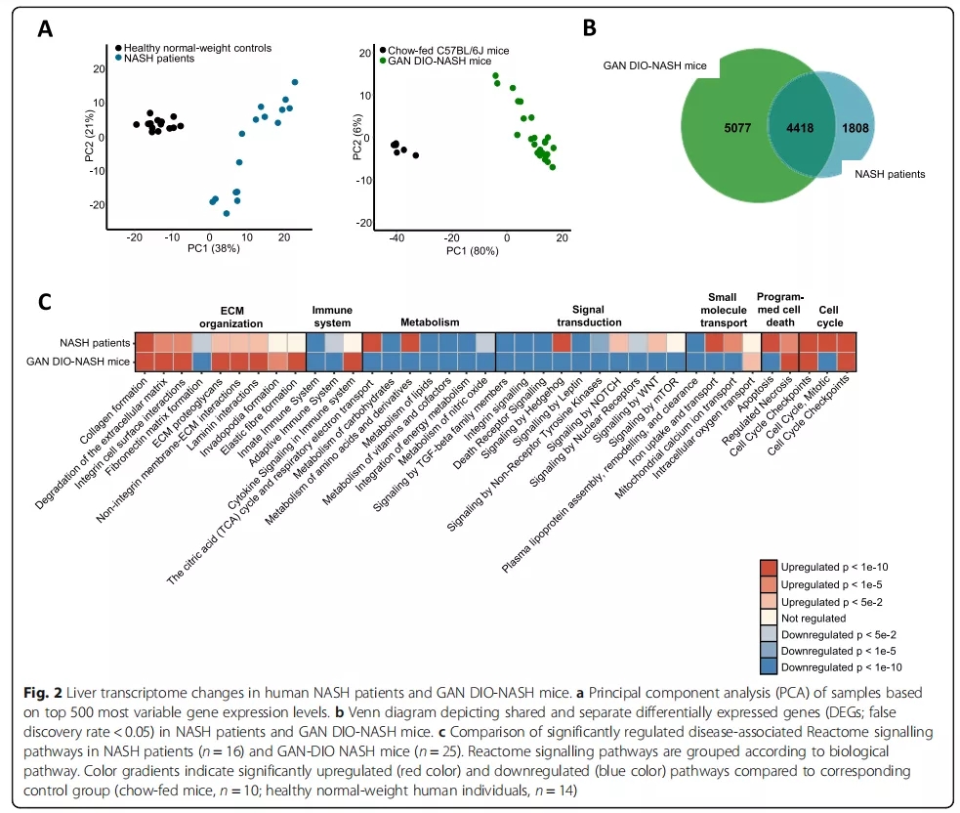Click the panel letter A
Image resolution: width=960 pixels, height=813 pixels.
pyautogui.click(x=45, y=29)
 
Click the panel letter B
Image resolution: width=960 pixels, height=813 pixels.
pyautogui.click(x=589, y=29)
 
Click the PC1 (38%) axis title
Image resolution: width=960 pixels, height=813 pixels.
pyautogui.click(x=212, y=249)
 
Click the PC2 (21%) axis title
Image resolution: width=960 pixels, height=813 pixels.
pyautogui.click(x=89, y=140)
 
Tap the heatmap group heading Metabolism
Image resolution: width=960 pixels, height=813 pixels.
pyautogui.click(x=430, y=321)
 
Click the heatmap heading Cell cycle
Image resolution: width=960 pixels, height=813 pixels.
pyautogui.click(x=828, y=314)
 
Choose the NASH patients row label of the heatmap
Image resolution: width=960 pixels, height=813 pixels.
pyautogui.click(x=95, y=343)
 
